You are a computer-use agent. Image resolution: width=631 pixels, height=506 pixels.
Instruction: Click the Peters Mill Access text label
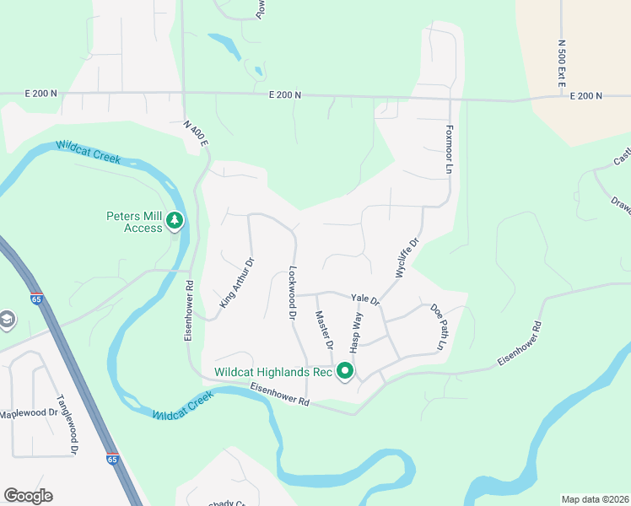133,222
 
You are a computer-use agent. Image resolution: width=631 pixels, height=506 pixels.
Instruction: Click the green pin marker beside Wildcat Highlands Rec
344,371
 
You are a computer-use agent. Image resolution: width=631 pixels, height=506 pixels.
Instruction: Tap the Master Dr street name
325,331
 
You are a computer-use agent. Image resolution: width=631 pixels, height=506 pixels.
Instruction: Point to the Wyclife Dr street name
407,258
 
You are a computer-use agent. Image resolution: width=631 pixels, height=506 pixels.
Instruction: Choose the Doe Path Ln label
436,327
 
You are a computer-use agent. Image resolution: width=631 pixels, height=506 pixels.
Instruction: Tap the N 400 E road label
196,133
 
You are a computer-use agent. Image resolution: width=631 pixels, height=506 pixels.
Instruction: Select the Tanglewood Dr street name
67,424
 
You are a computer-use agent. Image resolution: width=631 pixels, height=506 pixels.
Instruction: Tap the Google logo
28,496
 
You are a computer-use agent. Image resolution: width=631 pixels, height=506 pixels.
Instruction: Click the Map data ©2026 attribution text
595,498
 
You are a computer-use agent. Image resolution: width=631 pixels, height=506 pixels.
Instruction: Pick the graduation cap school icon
6,320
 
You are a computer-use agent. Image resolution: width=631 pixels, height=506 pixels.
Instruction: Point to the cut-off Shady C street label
225,503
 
